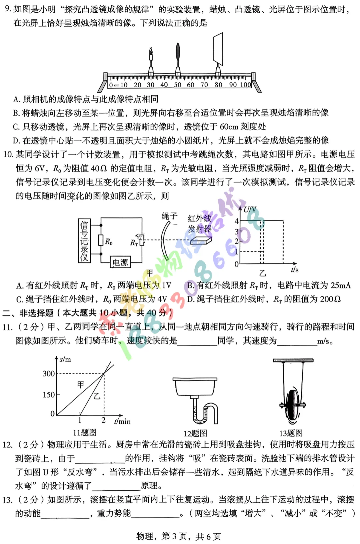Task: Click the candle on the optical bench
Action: [151, 60]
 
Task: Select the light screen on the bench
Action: [218, 48]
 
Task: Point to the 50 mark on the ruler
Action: [178, 85]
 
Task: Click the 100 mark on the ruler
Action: [246, 85]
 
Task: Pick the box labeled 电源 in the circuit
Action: [120, 263]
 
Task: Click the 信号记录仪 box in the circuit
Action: [84, 241]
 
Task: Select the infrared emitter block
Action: [201, 241]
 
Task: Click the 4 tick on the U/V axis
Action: [237, 221]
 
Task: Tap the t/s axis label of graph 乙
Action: [295, 270]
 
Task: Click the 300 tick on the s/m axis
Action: [49, 373]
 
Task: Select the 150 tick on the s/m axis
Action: [49, 395]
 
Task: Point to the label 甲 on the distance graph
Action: [81, 384]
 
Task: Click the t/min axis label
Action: [122, 421]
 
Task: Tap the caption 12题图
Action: [195, 433]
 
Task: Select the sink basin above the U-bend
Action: [195, 386]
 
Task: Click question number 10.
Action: [8, 155]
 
